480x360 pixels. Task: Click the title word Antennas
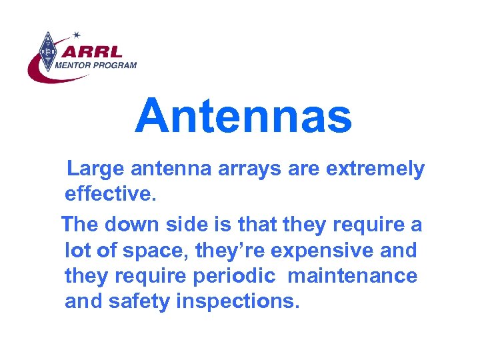[243, 115]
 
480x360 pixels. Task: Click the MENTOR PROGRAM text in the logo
[95, 65]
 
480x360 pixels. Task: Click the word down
[140, 225]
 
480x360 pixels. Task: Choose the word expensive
[341, 251]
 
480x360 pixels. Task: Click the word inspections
[239, 302]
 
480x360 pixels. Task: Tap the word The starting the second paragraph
[83, 225]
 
